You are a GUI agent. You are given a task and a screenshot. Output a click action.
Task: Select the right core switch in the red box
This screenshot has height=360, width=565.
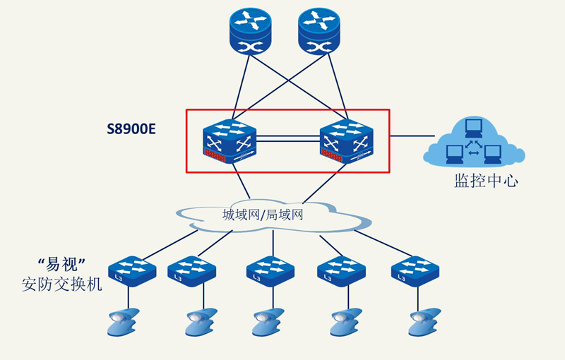click(346, 140)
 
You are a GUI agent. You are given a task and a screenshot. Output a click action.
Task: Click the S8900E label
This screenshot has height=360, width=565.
click(131, 128)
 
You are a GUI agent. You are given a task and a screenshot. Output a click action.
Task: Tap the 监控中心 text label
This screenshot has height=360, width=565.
click(486, 181)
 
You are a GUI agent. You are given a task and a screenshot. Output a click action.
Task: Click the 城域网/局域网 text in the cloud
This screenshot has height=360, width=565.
click(263, 215)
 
